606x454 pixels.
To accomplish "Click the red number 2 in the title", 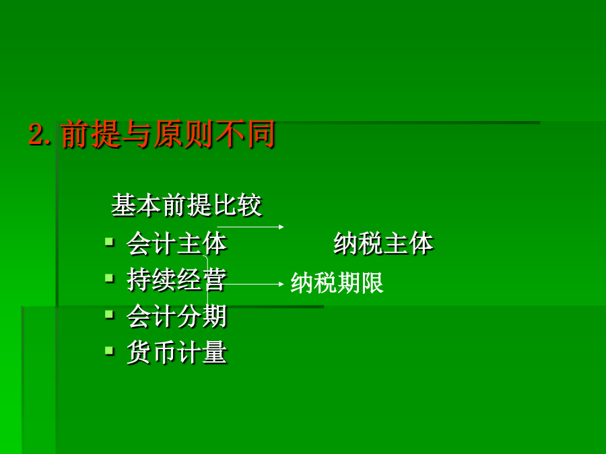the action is [x=37, y=134].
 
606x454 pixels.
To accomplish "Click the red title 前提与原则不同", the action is [x=168, y=134].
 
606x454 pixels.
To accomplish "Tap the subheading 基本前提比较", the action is [x=187, y=205].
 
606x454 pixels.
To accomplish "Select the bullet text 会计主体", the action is [x=176, y=243].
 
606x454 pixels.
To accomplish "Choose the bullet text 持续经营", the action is [x=176, y=280].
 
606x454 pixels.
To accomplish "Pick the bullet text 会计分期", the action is [x=176, y=316].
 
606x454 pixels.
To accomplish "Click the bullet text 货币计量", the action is [x=176, y=352].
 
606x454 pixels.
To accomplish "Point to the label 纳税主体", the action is [x=383, y=243].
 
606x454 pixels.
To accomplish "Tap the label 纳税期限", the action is [x=337, y=282].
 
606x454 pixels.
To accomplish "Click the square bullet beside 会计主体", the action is [x=110, y=242].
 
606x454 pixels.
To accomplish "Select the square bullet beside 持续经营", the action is [x=110, y=278].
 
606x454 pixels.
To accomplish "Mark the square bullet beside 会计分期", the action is [x=110, y=315].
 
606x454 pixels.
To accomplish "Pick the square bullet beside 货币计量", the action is [x=110, y=351].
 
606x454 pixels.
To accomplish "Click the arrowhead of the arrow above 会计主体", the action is [x=281, y=227].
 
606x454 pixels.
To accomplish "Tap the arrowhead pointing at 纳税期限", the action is [x=281, y=284].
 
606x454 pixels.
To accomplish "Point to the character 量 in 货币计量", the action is [x=215, y=352].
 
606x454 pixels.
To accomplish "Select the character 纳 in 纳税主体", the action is [x=345, y=243].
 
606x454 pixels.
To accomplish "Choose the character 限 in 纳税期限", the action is [x=372, y=282].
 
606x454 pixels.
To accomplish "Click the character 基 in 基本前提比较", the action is [x=123, y=205].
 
